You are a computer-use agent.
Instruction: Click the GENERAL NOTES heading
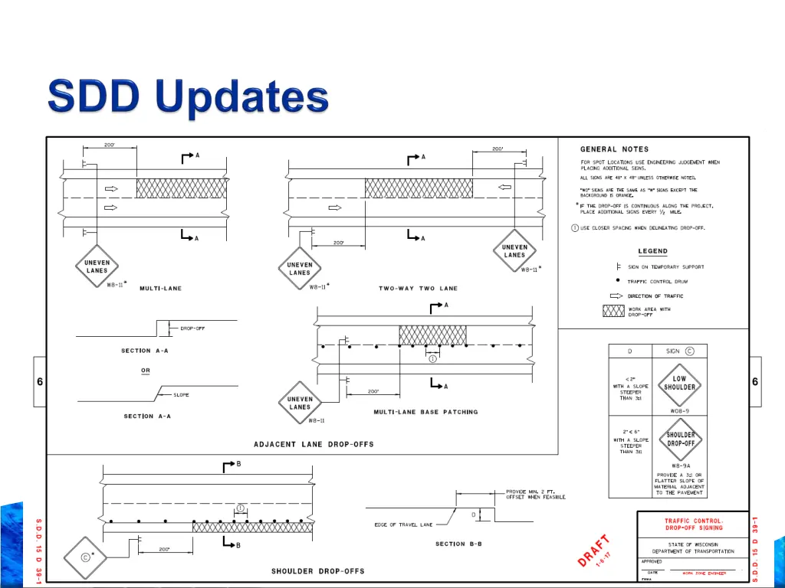[x=614, y=149]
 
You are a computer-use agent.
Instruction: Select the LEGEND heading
[x=652, y=251]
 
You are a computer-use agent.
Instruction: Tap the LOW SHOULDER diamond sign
[x=679, y=384]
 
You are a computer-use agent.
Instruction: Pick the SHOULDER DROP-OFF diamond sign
[x=679, y=439]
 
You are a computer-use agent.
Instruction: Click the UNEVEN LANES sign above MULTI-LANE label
[x=97, y=266]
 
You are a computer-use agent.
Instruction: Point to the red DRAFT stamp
[x=596, y=550]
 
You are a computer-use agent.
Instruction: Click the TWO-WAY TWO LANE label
[x=418, y=289]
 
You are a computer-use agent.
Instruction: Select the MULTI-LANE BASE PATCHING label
[x=425, y=412]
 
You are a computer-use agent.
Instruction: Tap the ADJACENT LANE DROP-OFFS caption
[x=314, y=444]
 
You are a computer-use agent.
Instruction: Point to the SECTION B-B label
[x=461, y=544]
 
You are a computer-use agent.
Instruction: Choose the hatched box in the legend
[x=613, y=311]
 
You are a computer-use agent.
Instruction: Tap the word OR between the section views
[x=146, y=371]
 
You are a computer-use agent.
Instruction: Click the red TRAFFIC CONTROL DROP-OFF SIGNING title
[x=693, y=524]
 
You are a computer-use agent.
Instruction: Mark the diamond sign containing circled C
[x=84, y=557]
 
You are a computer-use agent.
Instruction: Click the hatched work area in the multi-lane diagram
[x=181, y=188]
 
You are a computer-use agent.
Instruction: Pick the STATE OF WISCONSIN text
[x=693, y=544]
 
